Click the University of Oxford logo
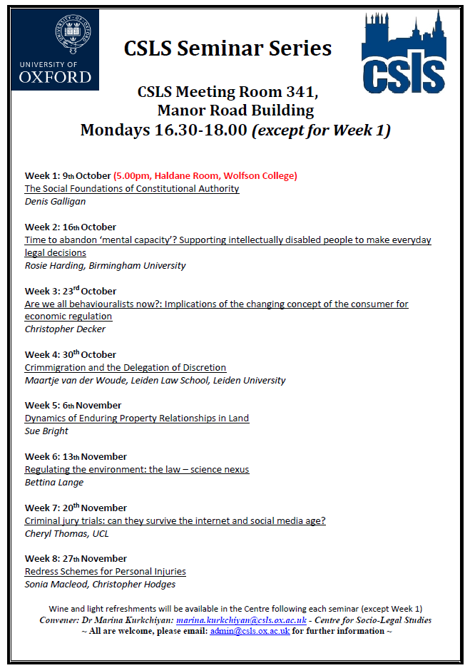pos(56,50)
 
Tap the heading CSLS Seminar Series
pos(228,48)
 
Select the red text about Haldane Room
pos(205,175)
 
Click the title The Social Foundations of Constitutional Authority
pos(132,188)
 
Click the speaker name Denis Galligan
pos(56,201)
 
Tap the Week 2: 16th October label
pos(71,227)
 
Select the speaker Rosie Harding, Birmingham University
pos(105,265)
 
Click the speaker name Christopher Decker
pos(65,329)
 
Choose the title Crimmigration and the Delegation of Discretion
pos(126,367)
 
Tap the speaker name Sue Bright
pos(46,431)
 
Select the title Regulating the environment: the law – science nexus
pos(137,469)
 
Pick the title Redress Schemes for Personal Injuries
pos(106,571)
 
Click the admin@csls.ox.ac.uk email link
pos(250,632)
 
